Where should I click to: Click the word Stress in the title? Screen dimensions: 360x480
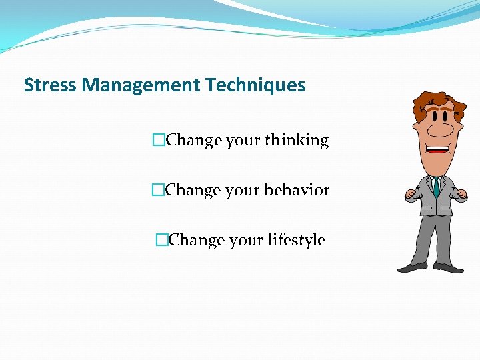pos(45,85)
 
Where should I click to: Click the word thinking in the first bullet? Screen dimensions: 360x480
pos(297,141)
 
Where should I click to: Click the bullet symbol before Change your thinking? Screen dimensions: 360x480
pos(158,141)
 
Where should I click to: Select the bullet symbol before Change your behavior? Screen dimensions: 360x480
pos(158,190)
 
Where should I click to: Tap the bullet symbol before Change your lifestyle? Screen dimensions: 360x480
pos(161,240)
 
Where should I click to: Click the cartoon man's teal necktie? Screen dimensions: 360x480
pos(435,186)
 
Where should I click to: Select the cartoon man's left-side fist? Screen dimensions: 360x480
pos(411,195)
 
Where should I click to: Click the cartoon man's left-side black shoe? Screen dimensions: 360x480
pos(411,267)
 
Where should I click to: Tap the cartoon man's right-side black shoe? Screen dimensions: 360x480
pos(450,267)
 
